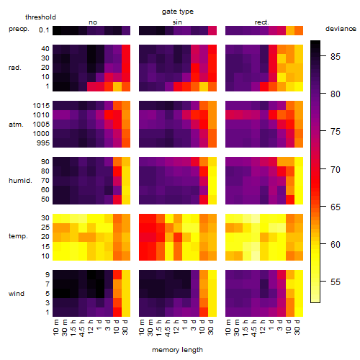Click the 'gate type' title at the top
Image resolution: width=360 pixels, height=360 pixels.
point(178,12)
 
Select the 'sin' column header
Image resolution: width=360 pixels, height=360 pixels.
point(177,22)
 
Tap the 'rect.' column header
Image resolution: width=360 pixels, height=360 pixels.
point(261,22)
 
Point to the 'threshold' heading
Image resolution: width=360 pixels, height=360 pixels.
point(40,17)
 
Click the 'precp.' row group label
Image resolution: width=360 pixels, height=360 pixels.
point(19,29)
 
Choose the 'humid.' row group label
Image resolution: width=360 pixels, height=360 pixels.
point(20,181)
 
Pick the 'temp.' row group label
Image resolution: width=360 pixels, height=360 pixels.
point(18,236)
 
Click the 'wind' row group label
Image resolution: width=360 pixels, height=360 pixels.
point(17,294)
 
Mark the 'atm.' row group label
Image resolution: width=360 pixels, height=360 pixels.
point(16,125)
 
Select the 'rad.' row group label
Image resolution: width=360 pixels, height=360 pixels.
point(15,68)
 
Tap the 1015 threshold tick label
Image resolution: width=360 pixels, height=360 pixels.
point(41,106)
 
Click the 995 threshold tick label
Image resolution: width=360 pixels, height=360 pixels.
point(43,143)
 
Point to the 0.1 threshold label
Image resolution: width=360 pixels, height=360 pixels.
point(44,30)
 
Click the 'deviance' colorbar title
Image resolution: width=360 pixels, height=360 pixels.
point(341,29)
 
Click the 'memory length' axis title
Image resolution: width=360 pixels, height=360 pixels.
point(177,350)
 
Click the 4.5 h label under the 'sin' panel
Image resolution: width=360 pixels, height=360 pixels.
point(168,328)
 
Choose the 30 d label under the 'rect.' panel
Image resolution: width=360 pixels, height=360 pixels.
point(297,327)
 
